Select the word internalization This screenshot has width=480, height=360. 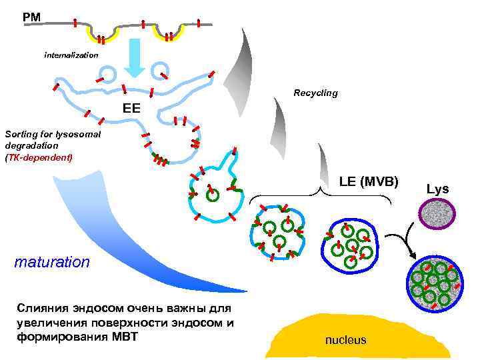pyautogui.click(x=71, y=54)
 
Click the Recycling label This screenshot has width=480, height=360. pyautogui.click(x=315, y=93)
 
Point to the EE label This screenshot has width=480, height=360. pyautogui.click(x=131, y=107)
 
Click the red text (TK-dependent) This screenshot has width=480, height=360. pyautogui.click(x=37, y=157)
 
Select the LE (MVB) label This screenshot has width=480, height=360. pyautogui.click(x=368, y=181)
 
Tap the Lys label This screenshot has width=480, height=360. pyautogui.click(x=437, y=189)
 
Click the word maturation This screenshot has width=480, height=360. pyautogui.click(x=52, y=261)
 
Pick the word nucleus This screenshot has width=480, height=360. pyautogui.click(x=345, y=340)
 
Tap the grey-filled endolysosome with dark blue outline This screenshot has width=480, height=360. pyautogui.click(x=433, y=285)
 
